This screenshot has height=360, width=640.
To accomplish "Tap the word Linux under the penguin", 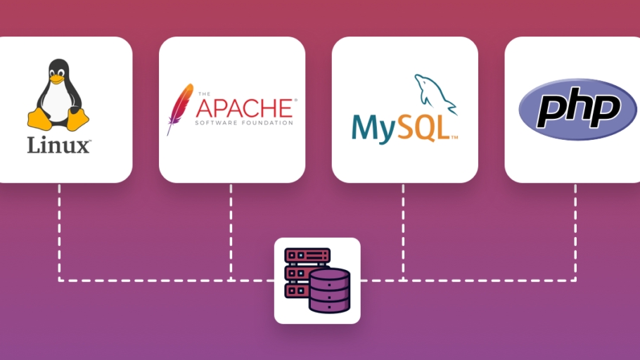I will click(x=58, y=146).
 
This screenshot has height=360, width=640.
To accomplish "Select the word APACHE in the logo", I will click(x=243, y=108).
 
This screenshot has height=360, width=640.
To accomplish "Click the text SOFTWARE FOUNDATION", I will click(x=244, y=123).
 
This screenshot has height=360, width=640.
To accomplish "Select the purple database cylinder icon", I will click(x=329, y=290).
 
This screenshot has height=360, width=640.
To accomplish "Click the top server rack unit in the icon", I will click(x=307, y=255).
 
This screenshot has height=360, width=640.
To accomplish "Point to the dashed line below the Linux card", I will click(x=59, y=232).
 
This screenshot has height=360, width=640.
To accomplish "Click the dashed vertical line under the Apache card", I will click(x=231, y=232).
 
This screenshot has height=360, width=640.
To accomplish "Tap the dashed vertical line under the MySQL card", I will click(x=403, y=232).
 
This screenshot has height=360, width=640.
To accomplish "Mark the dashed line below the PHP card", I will click(x=575, y=232).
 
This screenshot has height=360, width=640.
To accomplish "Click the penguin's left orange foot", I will click(x=38, y=117).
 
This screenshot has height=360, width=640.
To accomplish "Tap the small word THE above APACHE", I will click(x=204, y=94).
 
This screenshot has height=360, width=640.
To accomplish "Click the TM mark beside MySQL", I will click(x=455, y=136).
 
